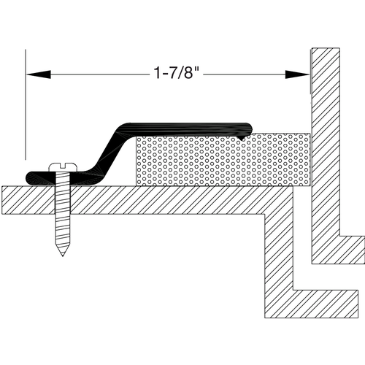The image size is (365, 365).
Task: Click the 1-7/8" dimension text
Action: coord(177,73)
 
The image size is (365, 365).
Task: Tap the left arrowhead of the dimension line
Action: coord(38,74)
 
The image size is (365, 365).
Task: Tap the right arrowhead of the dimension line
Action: coord(297,74)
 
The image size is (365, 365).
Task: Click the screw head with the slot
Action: coord(63,166)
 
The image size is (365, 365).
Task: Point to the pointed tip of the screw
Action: coord(63,255)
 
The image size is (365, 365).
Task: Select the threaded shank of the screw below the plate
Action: coord(63,232)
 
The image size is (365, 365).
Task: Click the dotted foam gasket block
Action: coord(223,160)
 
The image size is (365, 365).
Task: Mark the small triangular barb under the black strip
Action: coord(242,138)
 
